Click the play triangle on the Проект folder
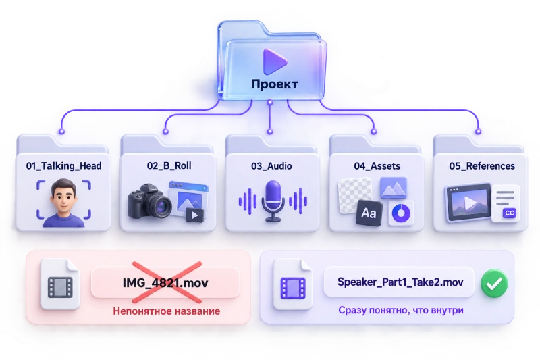[274, 61]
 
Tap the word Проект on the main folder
[274, 84]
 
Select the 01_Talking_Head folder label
[63, 166]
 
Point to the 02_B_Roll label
[169, 165]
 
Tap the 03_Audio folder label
[271, 166]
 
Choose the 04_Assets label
[377, 166]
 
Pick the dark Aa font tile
[369, 213]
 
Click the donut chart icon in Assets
[401, 213]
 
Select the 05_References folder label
[482, 166]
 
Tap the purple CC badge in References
[510, 213]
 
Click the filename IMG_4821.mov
[165, 283]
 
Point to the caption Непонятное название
[166, 311]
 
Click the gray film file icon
[60, 284]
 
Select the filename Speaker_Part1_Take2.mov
[400, 282]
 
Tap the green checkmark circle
[494, 283]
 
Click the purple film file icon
[293, 284]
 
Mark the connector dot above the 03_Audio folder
[270, 132]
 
